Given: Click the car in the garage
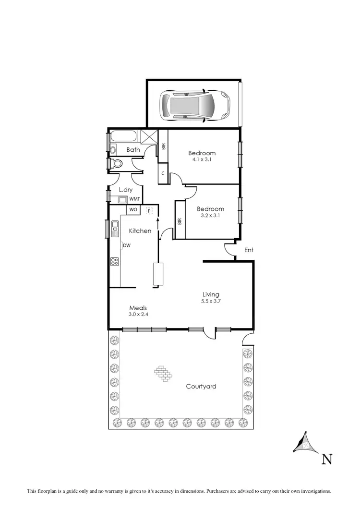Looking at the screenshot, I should point(194,104).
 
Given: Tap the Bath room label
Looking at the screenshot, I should point(133,150).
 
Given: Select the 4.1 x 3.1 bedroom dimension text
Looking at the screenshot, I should point(202,160).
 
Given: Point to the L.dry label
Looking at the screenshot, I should point(125,190).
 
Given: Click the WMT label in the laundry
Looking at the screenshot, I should point(135,199).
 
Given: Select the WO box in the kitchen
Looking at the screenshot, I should point(133,210).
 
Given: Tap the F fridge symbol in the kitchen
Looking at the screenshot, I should point(149,210).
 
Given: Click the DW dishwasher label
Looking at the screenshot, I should point(127,245).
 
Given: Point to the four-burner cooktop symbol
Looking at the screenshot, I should point(115,261).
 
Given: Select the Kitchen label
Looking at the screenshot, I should point(140,231).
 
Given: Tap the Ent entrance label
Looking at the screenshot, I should point(249,250).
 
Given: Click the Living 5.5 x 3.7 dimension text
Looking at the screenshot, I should point(210,301).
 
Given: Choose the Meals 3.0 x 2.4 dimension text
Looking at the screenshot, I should point(138,315).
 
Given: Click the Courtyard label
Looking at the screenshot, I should point(201,386).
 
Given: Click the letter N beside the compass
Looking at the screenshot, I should point(327,459).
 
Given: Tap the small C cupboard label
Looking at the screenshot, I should point(163,173).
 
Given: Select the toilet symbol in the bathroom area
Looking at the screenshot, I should point(115,164).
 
